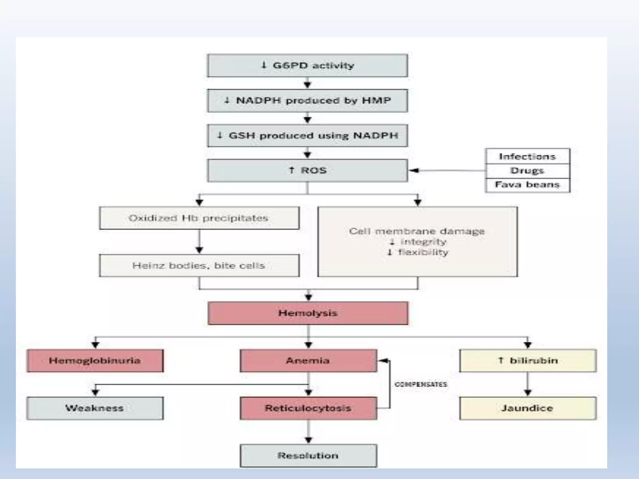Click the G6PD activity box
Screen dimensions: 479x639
(x=307, y=65)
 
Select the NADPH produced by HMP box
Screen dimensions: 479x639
(x=307, y=100)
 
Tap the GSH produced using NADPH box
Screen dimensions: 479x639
(x=307, y=136)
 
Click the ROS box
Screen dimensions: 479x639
(x=307, y=171)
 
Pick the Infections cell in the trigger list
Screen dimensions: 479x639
(x=527, y=157)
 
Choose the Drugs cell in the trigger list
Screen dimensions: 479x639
(x=527, y=171)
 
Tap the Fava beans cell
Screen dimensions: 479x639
(x=527, y=185)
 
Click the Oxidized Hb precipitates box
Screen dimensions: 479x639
(x=199, y=218)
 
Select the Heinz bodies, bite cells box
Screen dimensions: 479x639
(x=199, y=266)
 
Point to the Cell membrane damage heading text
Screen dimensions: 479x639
(x=417, y=231)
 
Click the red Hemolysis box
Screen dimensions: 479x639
(x=308, y=313)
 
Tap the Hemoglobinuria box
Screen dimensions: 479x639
(x=95, y=361)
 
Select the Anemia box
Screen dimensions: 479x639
(x=308, y=361)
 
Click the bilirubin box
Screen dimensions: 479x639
(x=528, y=361)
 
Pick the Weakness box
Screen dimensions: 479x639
(x=95, y=408)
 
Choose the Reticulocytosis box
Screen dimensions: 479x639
(x=308, y=408)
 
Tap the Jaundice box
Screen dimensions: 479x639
(x=528, y=408)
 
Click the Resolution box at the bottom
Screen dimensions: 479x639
(x=308, y=456)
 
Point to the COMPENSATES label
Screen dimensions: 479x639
(x=421, y=385)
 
